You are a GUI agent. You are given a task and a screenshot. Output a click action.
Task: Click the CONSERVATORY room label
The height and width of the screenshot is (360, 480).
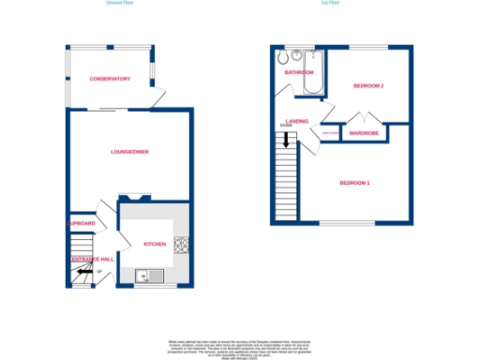click(x=110, y=79)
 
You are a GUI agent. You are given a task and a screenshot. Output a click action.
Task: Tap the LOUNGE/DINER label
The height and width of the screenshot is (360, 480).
click(x=130, y=151)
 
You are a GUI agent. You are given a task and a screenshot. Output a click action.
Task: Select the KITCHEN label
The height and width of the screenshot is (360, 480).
click(x=155, y=244)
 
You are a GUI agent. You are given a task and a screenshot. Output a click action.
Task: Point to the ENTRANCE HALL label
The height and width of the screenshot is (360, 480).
click(x=91, y=258)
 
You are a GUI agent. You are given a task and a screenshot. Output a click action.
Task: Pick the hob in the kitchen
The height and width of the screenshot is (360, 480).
click(x=181, y=246)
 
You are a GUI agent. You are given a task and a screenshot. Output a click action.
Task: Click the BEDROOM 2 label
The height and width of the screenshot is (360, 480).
click(x=369, y=86)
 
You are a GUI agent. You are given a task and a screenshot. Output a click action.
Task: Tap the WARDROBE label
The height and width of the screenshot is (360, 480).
click(x=363, y=133)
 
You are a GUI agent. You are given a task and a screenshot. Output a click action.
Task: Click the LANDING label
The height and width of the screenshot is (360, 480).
click(x=297, y=121)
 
